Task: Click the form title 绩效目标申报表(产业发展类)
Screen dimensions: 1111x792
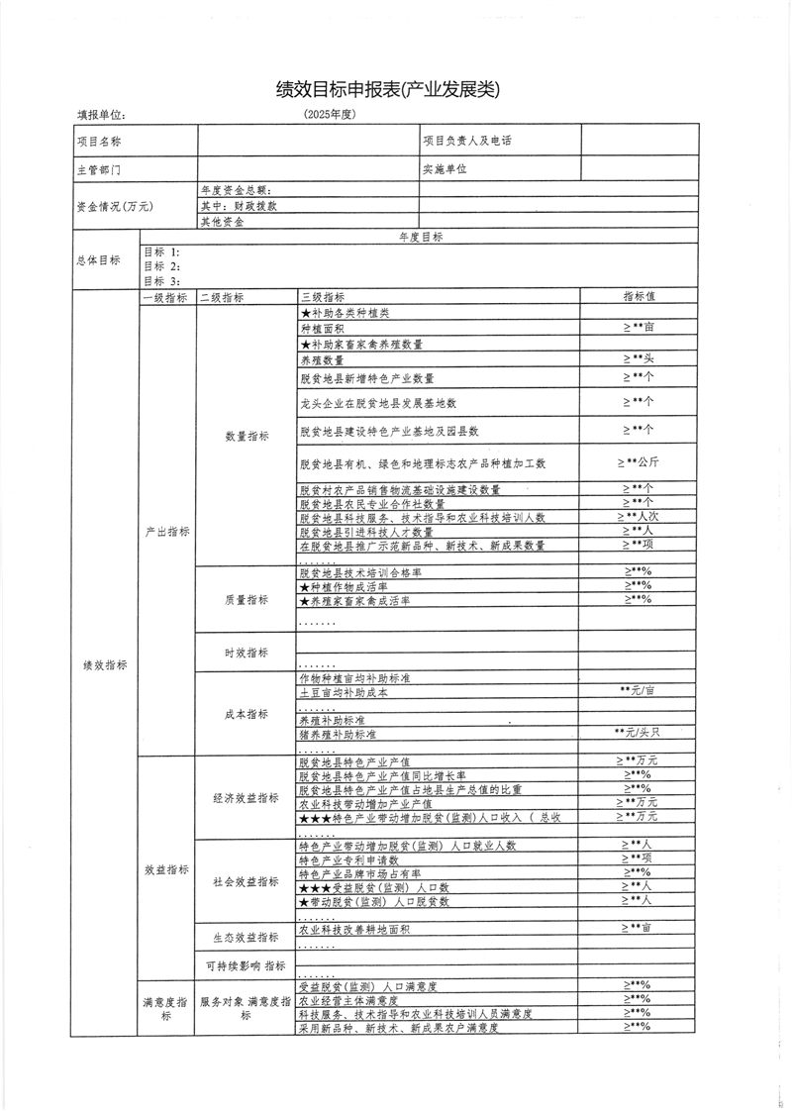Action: (388, 89)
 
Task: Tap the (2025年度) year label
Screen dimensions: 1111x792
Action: (330, 115)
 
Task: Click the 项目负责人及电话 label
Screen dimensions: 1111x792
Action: (467, 142)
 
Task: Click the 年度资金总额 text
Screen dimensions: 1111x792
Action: (236, 190)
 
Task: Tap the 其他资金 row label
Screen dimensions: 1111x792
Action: (223, 222)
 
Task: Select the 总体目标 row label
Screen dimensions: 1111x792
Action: (98, 260)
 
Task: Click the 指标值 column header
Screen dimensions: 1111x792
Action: (641, 296)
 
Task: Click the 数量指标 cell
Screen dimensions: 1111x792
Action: (247, 436)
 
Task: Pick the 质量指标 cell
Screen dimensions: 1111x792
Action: (247, 600)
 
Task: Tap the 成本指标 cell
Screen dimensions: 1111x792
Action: (247, 713)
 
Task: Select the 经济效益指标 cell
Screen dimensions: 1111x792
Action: (247, 798)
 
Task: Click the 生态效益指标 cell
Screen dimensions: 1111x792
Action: (247, 937)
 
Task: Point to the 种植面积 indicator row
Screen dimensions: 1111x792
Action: (323, 328)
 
